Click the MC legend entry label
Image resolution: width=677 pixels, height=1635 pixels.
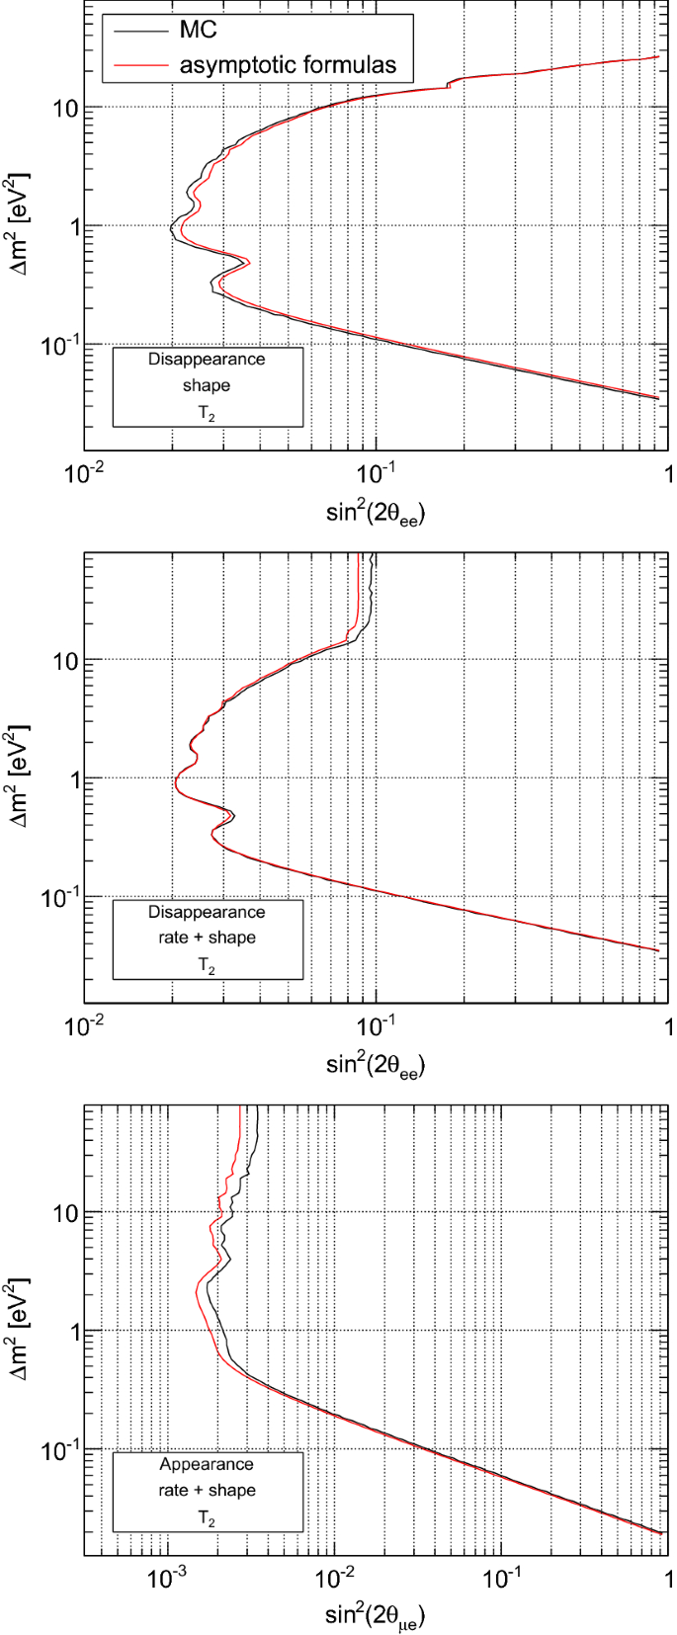tap(198, 31)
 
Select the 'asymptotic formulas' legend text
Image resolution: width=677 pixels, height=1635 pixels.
tap(288, 66)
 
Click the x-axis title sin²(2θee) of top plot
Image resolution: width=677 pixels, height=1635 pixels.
tap(375, 512)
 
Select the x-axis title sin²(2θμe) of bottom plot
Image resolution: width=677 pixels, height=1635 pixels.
tap(375, 1616)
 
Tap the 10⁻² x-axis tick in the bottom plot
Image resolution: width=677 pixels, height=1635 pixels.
tap(335, 1578)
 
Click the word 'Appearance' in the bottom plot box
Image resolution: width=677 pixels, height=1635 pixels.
tap(207, 1464)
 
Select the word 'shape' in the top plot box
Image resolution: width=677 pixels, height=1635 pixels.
tap(207, 385)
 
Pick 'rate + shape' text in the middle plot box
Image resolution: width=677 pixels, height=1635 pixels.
tap(207, 938)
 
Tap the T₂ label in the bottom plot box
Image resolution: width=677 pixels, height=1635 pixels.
tap(207, 1517)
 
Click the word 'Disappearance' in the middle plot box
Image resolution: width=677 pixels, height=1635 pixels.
tap(207, 912)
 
